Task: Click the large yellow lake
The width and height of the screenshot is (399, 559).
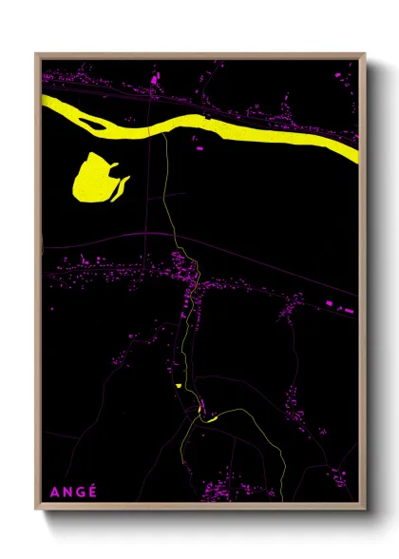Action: (93, 178)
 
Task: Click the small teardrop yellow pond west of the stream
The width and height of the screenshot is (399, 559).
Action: (178, 385)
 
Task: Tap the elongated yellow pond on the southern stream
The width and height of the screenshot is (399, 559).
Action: (210, 414)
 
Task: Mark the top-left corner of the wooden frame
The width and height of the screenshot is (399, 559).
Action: (36, 54)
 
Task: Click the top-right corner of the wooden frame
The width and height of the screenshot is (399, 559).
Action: (365, 54)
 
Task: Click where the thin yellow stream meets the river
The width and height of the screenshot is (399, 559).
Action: (163, 132)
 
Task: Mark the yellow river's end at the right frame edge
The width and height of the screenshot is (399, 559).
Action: (356, 150)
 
